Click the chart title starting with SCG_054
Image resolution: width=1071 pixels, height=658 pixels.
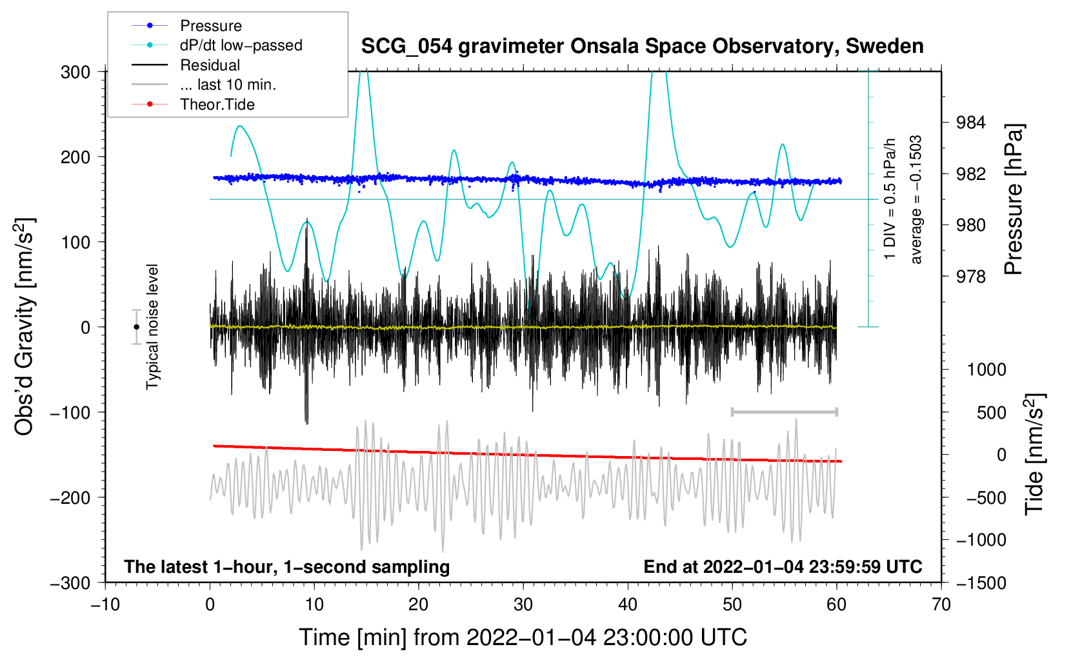(x=642, y=46)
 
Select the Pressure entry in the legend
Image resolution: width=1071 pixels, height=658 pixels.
(x=211, y=25)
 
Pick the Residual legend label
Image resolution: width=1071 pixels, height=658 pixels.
(x=210, y=65)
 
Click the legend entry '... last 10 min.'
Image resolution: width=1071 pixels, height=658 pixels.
(x=228, y=85)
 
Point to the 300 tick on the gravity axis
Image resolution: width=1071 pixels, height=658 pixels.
(x=75, y=72)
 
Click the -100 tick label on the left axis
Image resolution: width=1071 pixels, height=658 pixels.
(x=70, y=413)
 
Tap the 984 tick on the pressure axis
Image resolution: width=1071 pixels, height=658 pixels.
(x=970, y=123)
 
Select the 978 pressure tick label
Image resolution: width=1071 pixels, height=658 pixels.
(x=970, y=277)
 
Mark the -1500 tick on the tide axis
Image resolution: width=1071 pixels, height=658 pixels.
(x=981, y=583)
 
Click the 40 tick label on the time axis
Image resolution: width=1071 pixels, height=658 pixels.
(x=627, y=605)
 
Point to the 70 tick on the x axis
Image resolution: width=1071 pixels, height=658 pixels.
(x=941, y=605)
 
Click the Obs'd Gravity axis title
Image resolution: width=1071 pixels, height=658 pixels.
(x=25, y=326)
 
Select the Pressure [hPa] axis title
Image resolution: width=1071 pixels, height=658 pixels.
(x=1014, y=199)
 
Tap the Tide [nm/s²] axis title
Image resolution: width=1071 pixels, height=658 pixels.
(x=1035, y=455)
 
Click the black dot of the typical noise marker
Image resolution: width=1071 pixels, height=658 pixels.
(x=136, y=327)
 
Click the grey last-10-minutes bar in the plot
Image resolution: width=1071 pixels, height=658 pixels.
(x=784, y=412)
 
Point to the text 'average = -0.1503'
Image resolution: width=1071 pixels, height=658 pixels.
(x=916, y=199)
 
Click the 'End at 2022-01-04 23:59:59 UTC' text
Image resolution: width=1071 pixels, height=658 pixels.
(x=783, y=566)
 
